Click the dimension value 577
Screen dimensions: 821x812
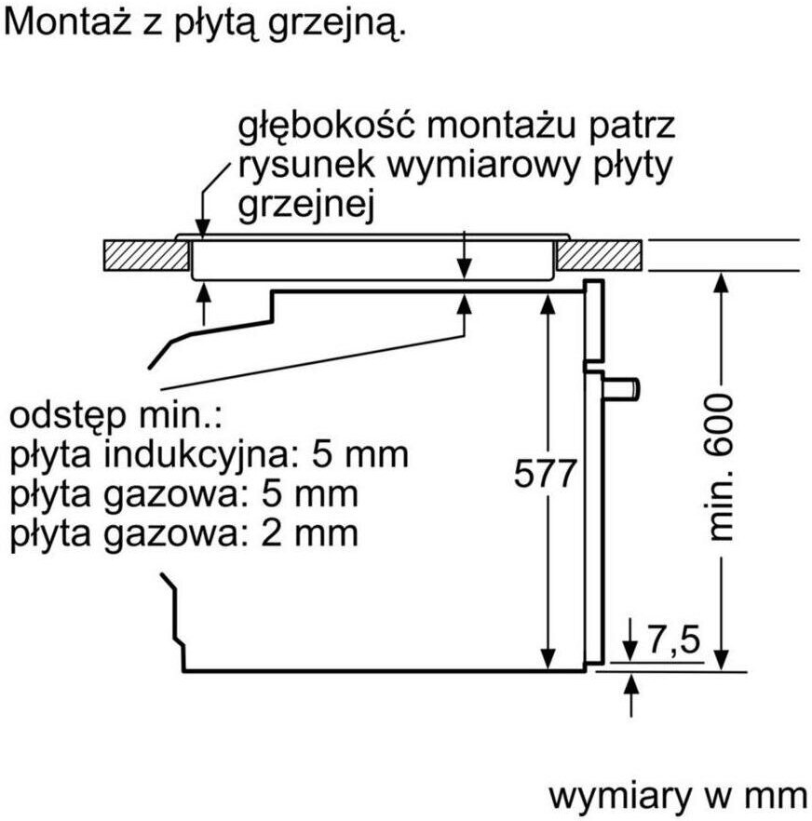pos(546,475)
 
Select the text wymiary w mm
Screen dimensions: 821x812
pos(677,795)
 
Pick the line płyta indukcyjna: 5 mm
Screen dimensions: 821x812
pos(210,455)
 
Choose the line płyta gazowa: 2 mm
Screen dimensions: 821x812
pos(183,533)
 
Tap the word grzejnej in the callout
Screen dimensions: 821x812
pos(306,207)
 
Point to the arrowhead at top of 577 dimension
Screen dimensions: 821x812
pos(547,299)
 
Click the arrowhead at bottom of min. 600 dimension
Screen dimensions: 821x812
pos(720,660)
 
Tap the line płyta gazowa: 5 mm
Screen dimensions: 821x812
pos(183,494)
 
